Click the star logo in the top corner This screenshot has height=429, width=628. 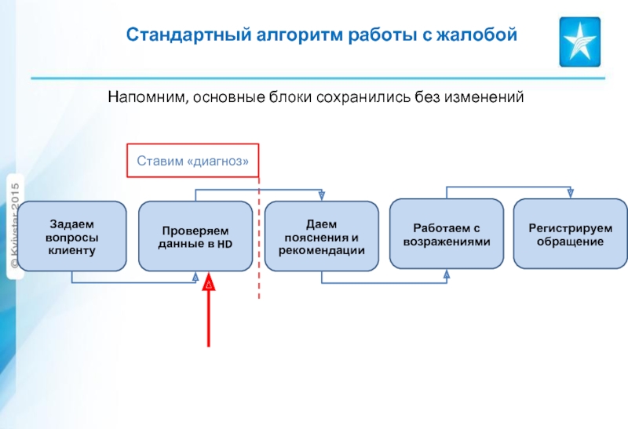coord(579,42)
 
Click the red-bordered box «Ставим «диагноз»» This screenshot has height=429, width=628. coord(193,161)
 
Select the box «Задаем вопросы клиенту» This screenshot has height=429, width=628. coord(71,236)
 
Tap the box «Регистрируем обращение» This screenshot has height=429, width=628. coord(570,234)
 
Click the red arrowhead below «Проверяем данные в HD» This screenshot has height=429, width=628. coord(209,285)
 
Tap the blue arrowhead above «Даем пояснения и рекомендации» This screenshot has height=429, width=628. coord(321,196)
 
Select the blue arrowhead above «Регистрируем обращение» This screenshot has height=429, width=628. coord(570,194)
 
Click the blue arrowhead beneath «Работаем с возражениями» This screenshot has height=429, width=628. coord(447,274)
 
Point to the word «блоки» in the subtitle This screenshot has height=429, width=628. coord(290,97)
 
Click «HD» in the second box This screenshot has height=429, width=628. coord(226,245)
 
